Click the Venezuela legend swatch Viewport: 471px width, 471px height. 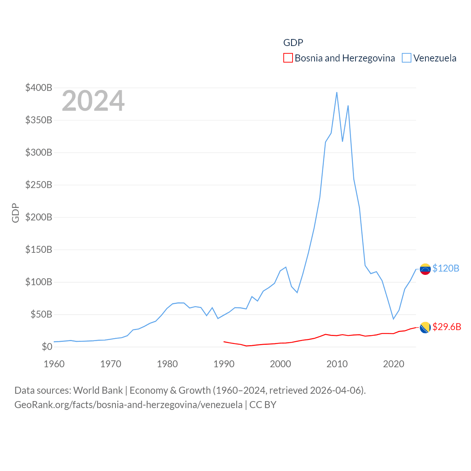406,58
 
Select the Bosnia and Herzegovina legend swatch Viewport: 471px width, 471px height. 288,58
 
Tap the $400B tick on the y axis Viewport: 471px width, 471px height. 39,88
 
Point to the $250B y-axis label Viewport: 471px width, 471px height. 39,185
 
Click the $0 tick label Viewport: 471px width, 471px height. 47,347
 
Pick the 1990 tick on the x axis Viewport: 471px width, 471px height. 224,364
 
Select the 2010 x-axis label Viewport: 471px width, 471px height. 337,364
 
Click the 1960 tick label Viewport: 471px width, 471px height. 54,364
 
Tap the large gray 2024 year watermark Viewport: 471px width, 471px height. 93,101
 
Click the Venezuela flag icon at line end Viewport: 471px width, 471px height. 425,269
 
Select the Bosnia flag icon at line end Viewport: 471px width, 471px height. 425,327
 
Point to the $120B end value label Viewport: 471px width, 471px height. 446,268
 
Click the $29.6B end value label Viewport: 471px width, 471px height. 447,327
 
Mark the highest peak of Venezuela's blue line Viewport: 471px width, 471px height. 337,92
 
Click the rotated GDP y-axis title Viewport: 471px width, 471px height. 15,213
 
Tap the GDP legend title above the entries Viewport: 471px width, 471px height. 293,43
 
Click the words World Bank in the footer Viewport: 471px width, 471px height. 98,390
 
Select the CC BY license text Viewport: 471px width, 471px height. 263,405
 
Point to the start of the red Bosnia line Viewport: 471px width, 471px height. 224,341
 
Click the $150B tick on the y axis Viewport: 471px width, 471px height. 39,249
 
